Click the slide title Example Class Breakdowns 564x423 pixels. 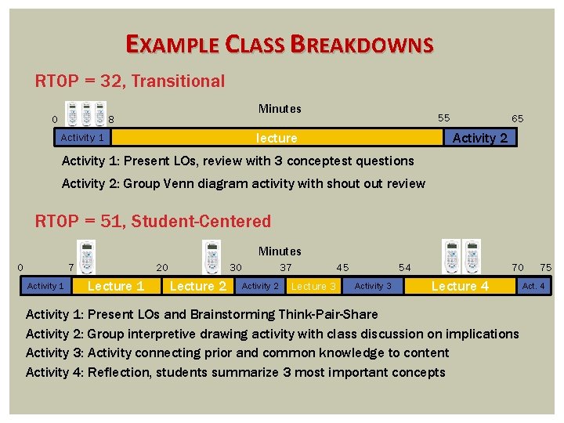(x=279, y=45)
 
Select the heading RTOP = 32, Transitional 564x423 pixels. (x=130, y=81)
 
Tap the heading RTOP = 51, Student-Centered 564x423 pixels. (x=154, y=221)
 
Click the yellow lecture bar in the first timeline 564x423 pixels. (x=277, y=138)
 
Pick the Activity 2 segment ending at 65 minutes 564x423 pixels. (x=479, y=138)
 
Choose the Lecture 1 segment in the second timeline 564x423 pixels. (x=116, y=286)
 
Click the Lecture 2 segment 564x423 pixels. (x=197, y=286)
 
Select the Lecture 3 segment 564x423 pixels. (x=313, y=286)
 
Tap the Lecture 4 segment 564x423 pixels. (x=460, y=286)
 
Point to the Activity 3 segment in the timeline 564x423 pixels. (x=373, y=286)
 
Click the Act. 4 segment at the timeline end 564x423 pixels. (x=533, y=286)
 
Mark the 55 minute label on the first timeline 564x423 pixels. (x=443, y=118)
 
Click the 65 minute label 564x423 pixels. (x=517, y=118)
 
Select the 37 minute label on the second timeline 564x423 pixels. (x=286, y=267)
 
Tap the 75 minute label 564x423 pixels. (x=545, y=267)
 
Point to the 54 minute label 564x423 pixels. (x=404, y=267)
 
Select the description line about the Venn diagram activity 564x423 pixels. (x=243, y=184)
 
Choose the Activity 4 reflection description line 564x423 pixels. (x=235, y=372)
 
